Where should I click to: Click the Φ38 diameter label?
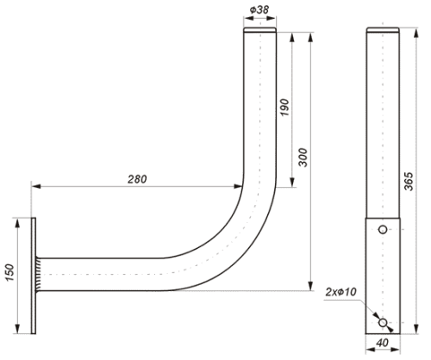pos(259,9)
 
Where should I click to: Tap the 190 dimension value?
pos(284,108)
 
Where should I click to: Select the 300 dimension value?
pos(303,158)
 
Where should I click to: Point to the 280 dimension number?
pos(137,179)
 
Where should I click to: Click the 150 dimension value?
pos(9,272)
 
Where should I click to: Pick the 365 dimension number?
pos(409,181)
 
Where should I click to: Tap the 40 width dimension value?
pos(382,343)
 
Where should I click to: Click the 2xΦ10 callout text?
pos(341,292)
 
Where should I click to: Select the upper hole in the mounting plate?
pos(383,229)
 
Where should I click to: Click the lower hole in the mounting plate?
pos(383,323)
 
